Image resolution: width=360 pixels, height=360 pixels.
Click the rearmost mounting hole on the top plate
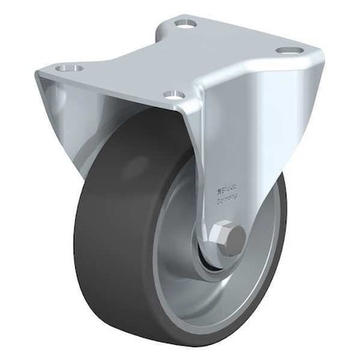[189, 24]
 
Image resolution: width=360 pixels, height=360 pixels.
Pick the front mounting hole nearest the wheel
[170, 94]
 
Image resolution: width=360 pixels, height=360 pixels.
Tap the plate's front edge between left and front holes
[120, 84]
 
